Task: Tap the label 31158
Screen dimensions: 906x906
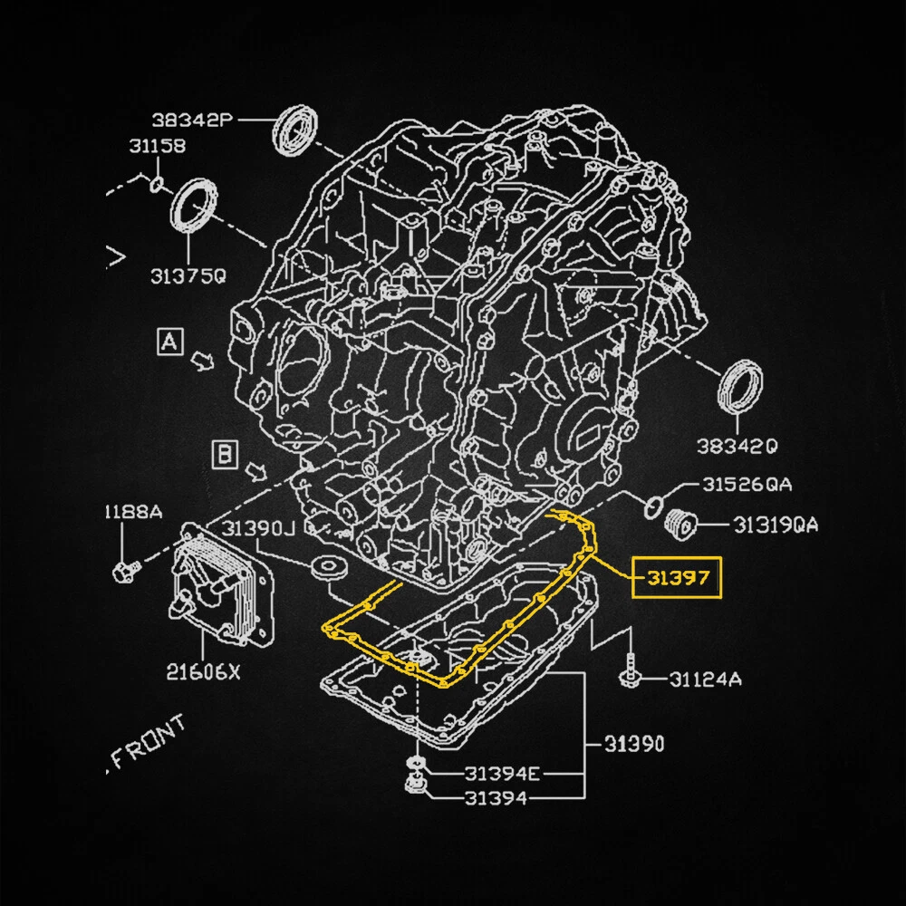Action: pyautogui.click(x=157, y=145)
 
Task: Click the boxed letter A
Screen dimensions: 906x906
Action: pyautogui.click(x=169, y=342)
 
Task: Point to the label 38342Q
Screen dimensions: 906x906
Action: pyautogui.click(x=737, y=446)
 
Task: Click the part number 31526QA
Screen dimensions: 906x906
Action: pyautogui.click(x=747, y=485)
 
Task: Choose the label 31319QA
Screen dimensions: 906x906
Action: pyautogui.click(x=776, y=524)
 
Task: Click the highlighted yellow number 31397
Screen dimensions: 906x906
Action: pyautogui.click(x=677, y=577)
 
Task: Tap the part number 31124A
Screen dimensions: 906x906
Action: pyautogui.click(x=706, y=678)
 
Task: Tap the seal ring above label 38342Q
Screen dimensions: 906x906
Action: pyautogui.click(x=740, y=388)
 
